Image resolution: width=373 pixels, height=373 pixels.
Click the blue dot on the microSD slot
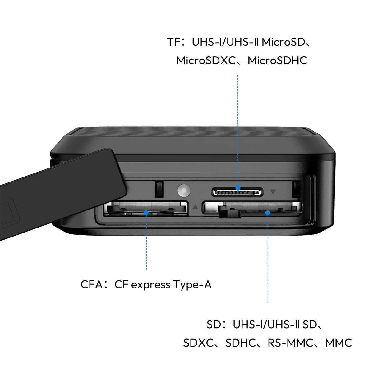[x=238, y=188]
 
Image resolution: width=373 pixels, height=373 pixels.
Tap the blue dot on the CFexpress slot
[x=146, y=213]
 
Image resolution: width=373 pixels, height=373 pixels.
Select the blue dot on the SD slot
[x=268, y=213]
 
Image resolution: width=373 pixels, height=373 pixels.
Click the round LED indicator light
[x=184, y=191]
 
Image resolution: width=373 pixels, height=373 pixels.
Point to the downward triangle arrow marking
[x=273, y=192]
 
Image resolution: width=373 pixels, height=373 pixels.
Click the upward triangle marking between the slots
[x=195, y=207]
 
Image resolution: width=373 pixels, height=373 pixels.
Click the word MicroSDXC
[x=206, y=60]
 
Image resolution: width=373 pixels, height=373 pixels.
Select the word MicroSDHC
[x=277, y=60]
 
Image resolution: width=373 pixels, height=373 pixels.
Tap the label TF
[x=174, y=42]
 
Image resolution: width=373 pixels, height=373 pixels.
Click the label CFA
[x=91, y=284]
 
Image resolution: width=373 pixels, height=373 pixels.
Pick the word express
[x=151, y=285]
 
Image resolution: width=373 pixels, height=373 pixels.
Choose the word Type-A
[x=193, y=285]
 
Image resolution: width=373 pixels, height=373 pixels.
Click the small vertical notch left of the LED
[x=159, y=190]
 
